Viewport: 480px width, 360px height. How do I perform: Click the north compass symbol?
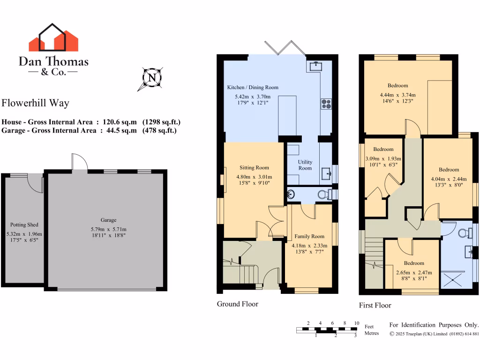pyautogui.click(x=151, y=77)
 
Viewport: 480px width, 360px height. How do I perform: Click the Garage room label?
pyautogui.click(x=108, y=220)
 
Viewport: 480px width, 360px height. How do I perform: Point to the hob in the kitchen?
pyautogui.click(x=326, y=104)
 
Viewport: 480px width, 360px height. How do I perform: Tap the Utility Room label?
pyautogui.click(x=305, y=165)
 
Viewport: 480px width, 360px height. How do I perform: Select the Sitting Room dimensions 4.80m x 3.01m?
pyautogui.click(x=254, y=177)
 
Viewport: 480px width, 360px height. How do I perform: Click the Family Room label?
pyautogui.click(x=309, y=237)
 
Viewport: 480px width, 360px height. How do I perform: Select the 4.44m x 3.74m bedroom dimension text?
pyautogui.click(x=398, y=95)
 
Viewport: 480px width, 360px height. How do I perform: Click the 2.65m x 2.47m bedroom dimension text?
pyautogui.click(x=414, y=272)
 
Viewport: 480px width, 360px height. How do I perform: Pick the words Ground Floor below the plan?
pyautogui.click(x=237, y=304)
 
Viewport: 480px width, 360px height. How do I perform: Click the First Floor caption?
pyautogui.click(x=375, y=306)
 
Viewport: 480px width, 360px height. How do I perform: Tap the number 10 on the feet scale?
pyautogui.click(x=357, y=323)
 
